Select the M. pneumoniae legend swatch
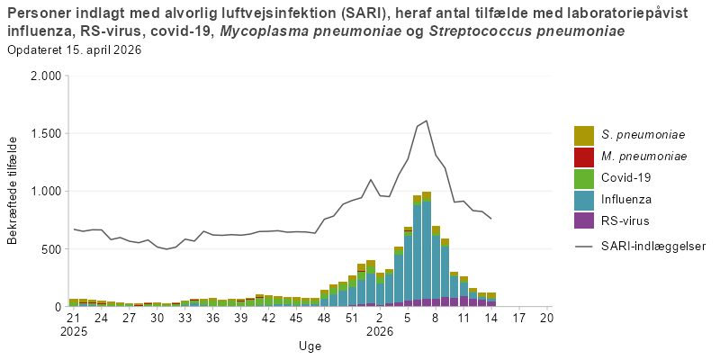584,157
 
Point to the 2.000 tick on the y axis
44,76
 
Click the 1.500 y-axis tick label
44,134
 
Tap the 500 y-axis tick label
50,249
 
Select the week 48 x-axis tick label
324,318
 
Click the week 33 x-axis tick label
184,318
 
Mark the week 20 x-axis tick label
546,318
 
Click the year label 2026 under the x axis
380,330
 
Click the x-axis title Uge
310,346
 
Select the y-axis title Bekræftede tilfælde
13,191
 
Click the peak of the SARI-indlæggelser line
426,121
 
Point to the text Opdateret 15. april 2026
74,49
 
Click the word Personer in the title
37,13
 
